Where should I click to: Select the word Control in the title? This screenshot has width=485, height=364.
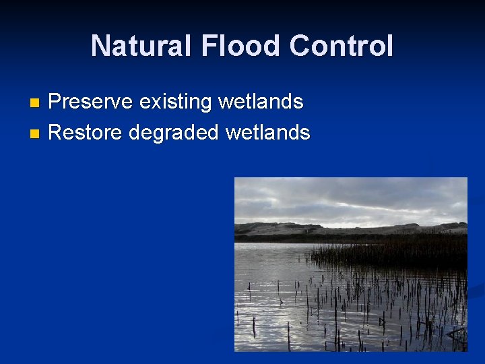[x=342, y=46]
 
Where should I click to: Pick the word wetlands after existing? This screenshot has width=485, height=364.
[x=261, y=102]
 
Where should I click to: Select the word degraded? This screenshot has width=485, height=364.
[x=174, y=133]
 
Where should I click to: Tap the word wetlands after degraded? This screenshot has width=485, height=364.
[x=267, y=132]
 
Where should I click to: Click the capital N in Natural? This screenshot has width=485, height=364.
[x=100, y=46]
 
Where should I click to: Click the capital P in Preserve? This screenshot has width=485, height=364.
[x=56, y=102]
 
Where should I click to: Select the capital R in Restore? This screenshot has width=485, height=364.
[x=57, y=132]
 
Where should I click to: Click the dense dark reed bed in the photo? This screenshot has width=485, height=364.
[x=404, y=253]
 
